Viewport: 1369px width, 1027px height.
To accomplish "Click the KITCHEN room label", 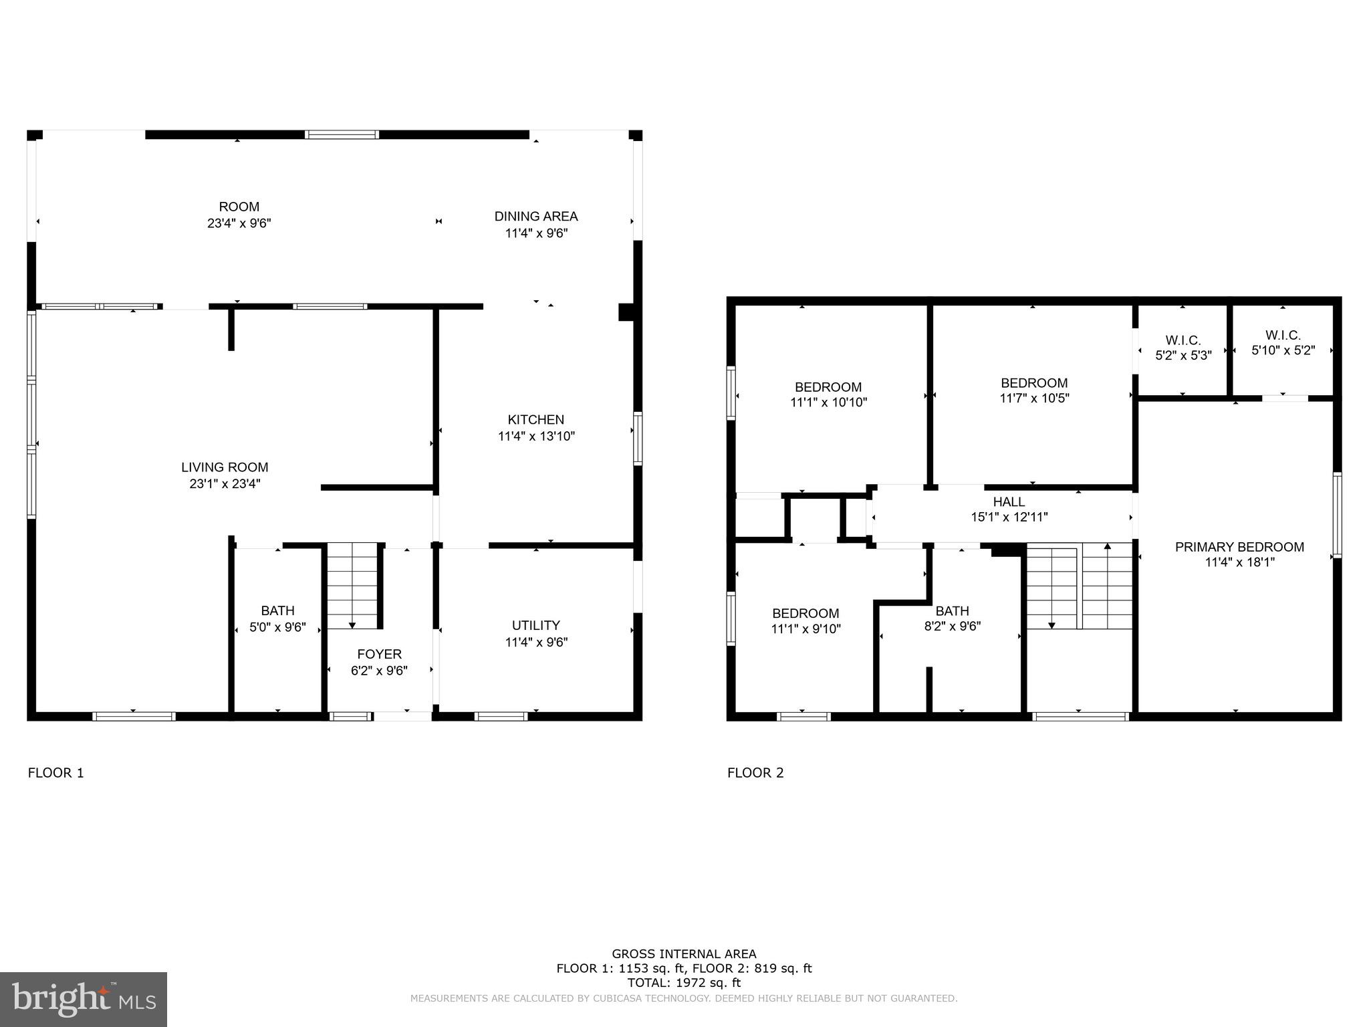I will (x=535, y=420).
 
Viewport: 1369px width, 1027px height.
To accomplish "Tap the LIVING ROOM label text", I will (x=225, y=467).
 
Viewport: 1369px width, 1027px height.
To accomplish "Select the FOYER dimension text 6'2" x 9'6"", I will (x=379, y=671).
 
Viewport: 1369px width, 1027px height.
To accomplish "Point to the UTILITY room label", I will (x=535, y=625).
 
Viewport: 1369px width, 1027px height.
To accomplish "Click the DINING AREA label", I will (x=535, y=216).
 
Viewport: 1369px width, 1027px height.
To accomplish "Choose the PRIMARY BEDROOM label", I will (x=1239, y=547).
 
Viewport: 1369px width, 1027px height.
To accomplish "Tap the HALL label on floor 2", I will (x=1009, y=501).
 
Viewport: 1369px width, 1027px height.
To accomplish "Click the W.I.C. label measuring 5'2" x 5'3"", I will (x=1183, y=340).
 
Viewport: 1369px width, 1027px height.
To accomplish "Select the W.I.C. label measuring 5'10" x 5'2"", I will (x=1283, y=335).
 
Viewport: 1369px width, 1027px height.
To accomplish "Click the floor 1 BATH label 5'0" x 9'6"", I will (x=277, y=610).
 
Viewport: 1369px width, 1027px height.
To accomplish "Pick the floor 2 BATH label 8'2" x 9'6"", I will (x=952, y=611).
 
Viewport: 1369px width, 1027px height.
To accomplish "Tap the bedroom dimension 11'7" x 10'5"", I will (x=1034, y=398).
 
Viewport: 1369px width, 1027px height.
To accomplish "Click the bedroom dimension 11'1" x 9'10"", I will (x=805, y=629).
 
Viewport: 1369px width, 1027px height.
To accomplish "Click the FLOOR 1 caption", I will (x=56, y=773).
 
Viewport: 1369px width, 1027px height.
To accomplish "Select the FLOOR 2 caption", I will (x=755, y=773).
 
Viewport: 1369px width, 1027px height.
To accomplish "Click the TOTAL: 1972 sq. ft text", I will (x=684, y=983).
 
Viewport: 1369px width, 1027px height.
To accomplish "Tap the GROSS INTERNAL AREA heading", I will (x=684, y=954).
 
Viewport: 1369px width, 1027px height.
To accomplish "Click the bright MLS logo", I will (x=84, y=999).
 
